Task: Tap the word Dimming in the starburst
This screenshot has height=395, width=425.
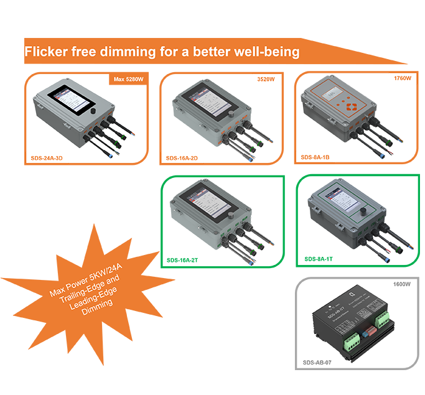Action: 100,304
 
